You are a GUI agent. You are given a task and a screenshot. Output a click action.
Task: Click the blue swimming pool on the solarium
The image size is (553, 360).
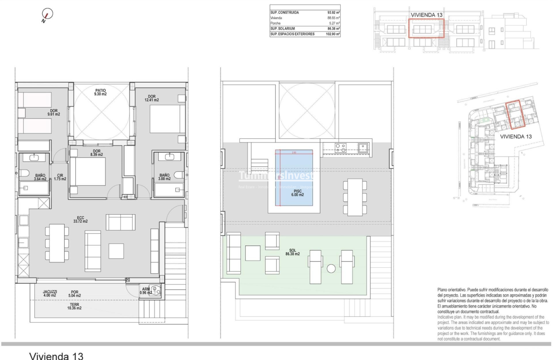click(x=294, y=178)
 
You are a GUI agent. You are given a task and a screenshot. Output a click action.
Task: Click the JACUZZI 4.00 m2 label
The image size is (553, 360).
click(x=50, y=293)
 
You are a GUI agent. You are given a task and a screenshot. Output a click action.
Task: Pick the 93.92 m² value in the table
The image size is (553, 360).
click(x=333, y=13)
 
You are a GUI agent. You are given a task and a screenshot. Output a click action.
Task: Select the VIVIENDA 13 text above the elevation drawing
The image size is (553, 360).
click(x=426, y=15)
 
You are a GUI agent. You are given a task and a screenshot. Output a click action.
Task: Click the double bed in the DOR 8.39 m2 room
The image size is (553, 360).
click(x=87, y=172)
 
